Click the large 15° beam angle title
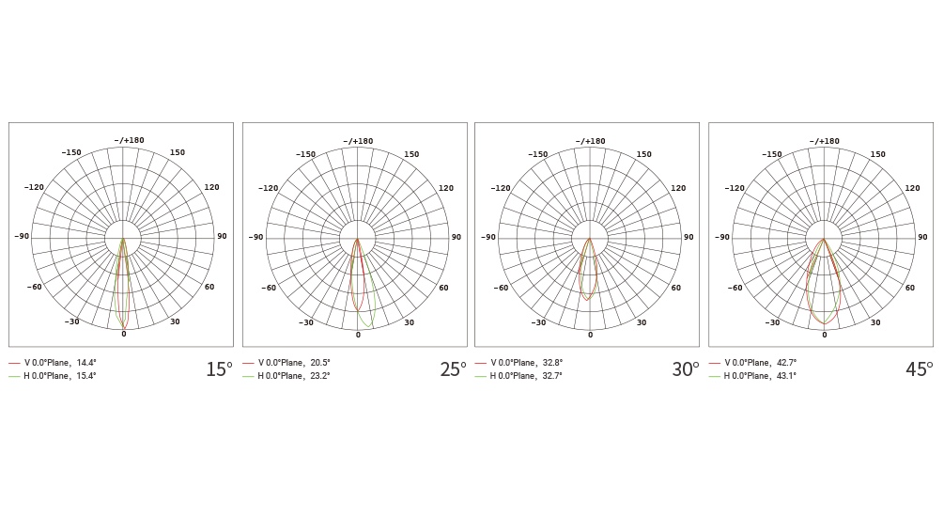[219, 368]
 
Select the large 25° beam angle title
[454, 368]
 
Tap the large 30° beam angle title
[686, 368]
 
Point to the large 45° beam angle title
[920, 368]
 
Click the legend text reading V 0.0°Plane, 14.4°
[60, 363]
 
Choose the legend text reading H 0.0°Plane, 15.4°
[59, 376]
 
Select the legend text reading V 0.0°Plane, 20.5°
[294, 363]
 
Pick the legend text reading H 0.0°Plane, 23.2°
[294, 376]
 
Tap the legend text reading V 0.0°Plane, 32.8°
[527, 363]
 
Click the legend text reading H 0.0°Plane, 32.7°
[526, 376]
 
